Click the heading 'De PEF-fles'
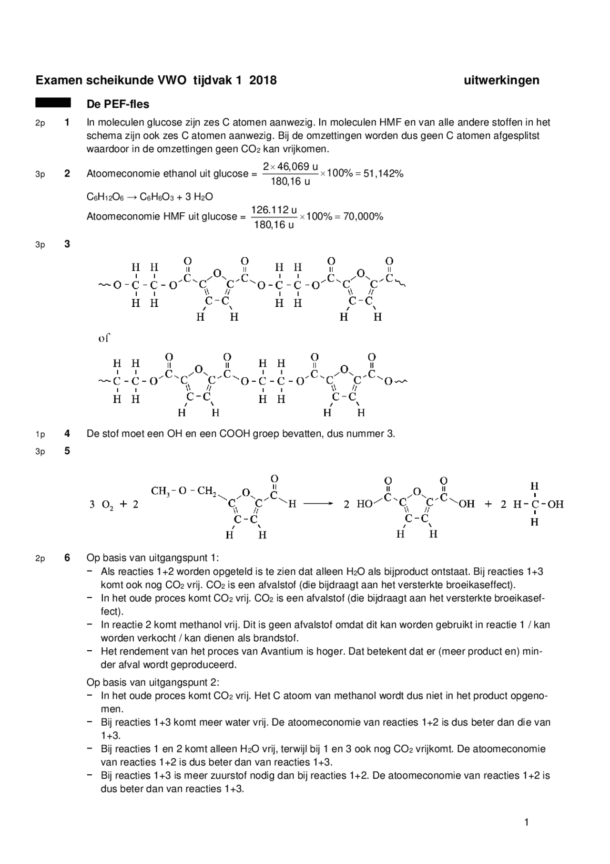pyautogui.click(x=118, y=104)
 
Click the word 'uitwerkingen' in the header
pyautogui.click(x=501, y=80)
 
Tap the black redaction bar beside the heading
pyautogui.click(x=53, y=103)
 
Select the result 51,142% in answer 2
pyautogui.click(x=384, y=174)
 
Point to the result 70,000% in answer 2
pyautogui.click(x=363, y=217)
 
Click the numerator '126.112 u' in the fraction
pyautogui.click(x=274, y=210)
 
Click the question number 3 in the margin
pyautogui.click(x=67, y=244)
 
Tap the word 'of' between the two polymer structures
pyautogui.click(x=104, y=338)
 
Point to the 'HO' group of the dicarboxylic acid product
pyautogui.click(x=365, y=504)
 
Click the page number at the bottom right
pyautogui.click(x=526, y=822)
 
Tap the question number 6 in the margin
pyautogui.click(x=67, y=558)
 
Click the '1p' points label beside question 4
pyautogui.click(x=40, y=434)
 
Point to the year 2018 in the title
pyautogui.click(x=263, y=80)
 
